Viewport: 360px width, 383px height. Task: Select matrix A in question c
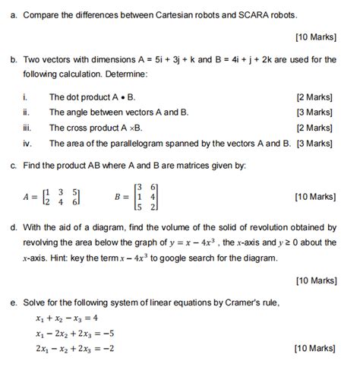[55, 197]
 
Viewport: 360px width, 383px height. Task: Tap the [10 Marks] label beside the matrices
[314, 197]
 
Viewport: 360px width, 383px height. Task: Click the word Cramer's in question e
[261, 301]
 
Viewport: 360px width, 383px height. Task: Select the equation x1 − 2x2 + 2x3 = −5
[74, 333]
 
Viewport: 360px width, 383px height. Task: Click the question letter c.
[14, 165]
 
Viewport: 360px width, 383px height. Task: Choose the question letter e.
[14, 301]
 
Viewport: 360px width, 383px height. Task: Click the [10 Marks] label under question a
[314, 36]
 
